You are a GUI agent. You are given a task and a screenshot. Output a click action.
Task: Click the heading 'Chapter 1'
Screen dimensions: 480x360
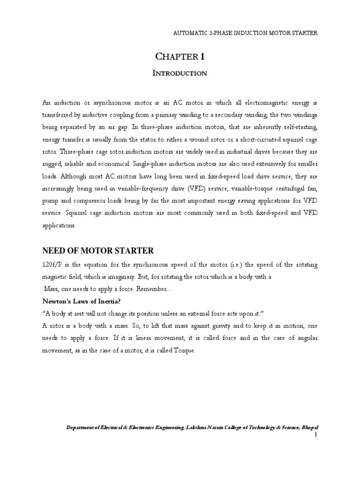[x=180, y=57]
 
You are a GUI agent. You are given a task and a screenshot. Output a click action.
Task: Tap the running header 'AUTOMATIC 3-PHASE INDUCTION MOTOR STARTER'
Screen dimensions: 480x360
[x=246, y=33]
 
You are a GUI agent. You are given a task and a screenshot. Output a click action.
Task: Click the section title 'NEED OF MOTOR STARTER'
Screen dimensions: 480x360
[x=98, y=251]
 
